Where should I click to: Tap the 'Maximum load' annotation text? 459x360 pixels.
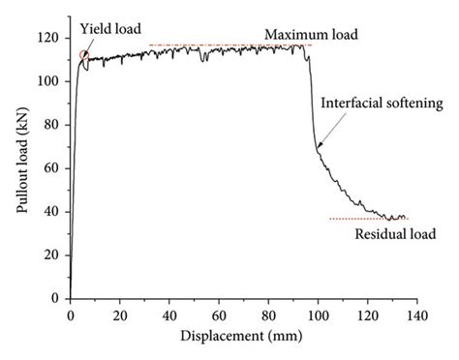[x=310, y=34]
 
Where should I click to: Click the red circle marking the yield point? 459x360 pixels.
[x=84, y=58]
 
